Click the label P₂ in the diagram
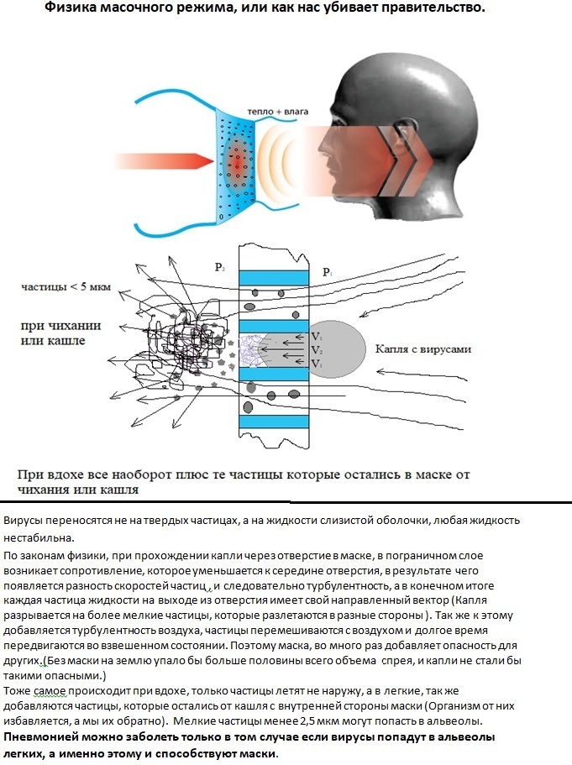[x=220, y=266]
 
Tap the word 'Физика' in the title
[x=72, y=8]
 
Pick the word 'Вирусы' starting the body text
[x=25, y=521]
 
